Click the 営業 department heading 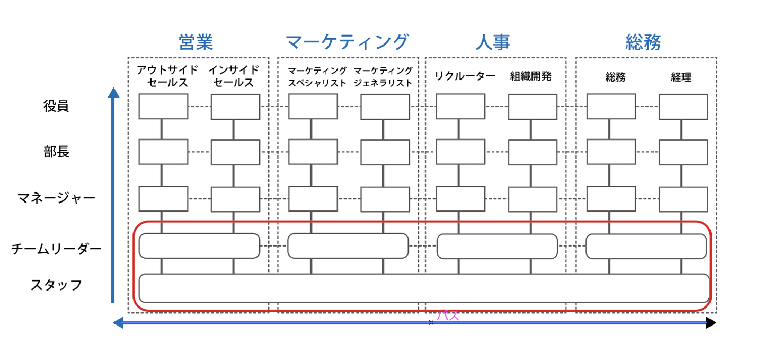click(x=196, y=42)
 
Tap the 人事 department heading click(x=493, y=42)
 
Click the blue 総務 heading click(x=643, y=42)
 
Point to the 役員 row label click(x=56, y=106)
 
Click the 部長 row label click(x=56, y=152)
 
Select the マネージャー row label click(x=56, y=198)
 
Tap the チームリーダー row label click(x=56, y=249)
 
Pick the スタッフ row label click(x=56, y=285)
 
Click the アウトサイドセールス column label click(x=167, y=76)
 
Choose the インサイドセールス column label click(x=234, y=76)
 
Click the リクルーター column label click(x=465, y=76)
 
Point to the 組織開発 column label click(x=531, y=76)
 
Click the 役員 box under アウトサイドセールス click(x=163, y=107)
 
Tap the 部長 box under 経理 click(x=683, y=152)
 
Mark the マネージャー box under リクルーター click(x=460, y=198)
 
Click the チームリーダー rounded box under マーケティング click(x=348, y=246)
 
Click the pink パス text click(x=447, y=317)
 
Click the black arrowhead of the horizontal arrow click(x=711, y=322)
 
